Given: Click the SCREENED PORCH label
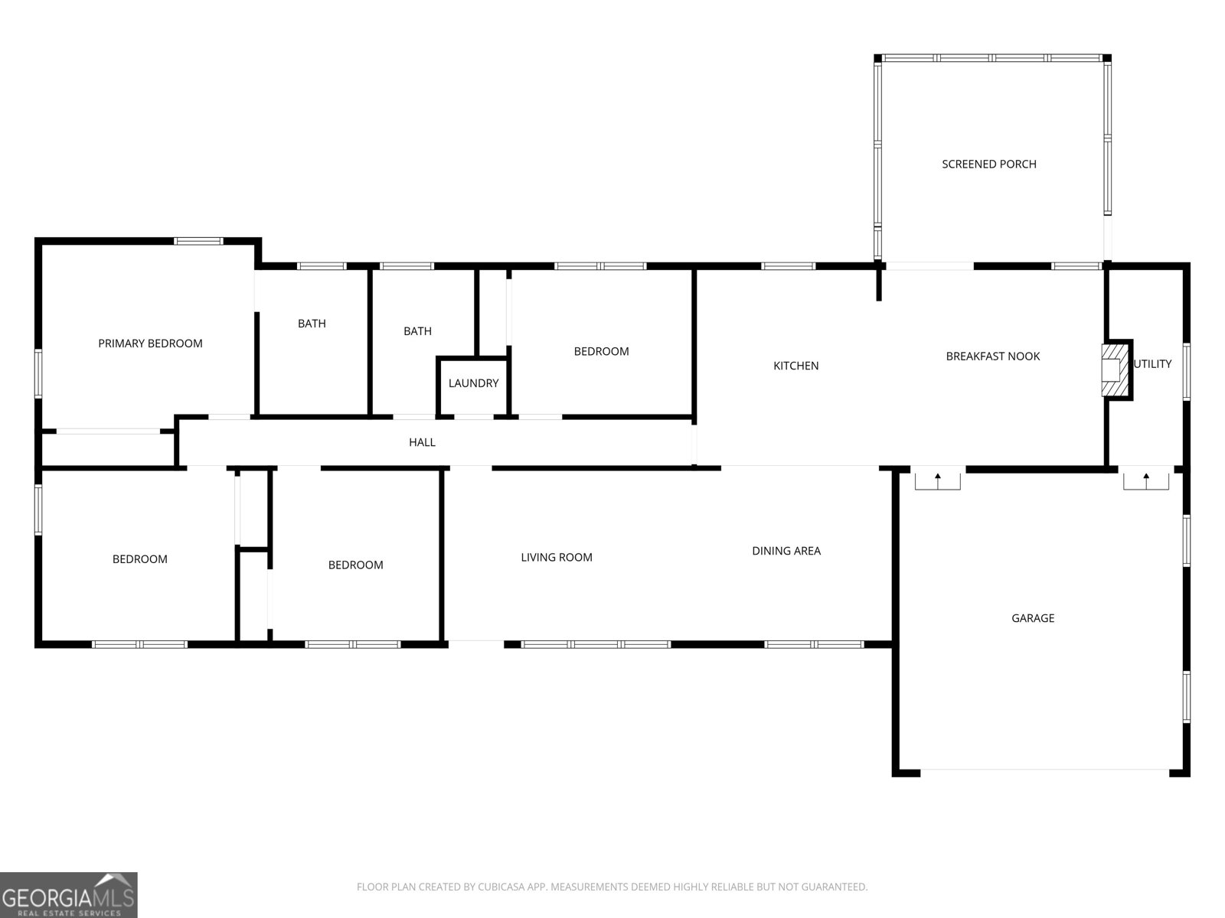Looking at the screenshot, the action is [x=989, y=164].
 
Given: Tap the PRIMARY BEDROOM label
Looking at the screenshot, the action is [x=150, y=343].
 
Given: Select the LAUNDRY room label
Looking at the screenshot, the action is [x=473, y=383].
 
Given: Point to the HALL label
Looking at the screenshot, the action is [x=422, y=442].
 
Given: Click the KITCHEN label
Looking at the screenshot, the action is [x=795, y=366].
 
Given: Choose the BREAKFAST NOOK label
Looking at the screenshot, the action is [x=993, y=356].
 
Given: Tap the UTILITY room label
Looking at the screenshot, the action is [x=1152, y=364].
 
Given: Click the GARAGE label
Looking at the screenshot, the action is [x=1033, y=618].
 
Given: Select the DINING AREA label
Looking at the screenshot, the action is [x=786, y=551].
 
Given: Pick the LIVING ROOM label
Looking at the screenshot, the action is [x=557, y=558].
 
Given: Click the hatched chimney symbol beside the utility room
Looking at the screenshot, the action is [x=1115, y=370].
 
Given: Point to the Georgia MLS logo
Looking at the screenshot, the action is [x=69, y=895].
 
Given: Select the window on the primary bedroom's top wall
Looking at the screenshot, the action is [x=198, y=241].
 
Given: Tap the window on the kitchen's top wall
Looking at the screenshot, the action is [x=788, y=266].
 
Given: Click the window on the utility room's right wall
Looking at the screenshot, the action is [x=1187, y=371].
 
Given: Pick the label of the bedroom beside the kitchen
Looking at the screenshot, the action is [x=601, y=351].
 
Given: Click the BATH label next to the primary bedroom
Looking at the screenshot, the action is [x=312, y=324].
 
